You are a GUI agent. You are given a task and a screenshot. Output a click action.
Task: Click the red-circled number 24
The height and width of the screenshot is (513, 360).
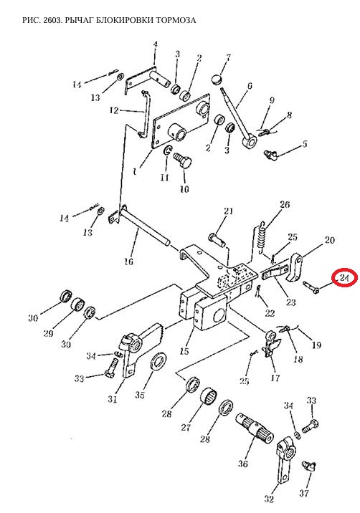[344, 279]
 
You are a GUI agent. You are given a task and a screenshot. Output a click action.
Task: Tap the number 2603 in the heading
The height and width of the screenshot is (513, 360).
[52, 20]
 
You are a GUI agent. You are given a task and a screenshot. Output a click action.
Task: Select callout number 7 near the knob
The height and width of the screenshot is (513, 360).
[228, 58]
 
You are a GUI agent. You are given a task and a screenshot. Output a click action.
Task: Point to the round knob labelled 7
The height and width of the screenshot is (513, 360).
[216, 80]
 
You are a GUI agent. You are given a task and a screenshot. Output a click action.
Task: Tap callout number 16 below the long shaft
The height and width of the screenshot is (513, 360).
[129, 262]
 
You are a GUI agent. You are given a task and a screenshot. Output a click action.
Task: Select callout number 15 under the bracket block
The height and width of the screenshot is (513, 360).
[184, 351]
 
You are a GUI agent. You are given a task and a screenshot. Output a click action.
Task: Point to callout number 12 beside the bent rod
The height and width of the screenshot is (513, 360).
[114, 110]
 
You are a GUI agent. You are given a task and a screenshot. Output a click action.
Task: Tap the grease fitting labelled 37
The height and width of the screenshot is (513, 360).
[308, 466]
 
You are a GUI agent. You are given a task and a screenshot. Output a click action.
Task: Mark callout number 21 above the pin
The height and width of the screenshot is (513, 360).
[228, 211]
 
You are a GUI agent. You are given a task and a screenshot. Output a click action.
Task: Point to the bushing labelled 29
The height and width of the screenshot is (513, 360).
[77, 305]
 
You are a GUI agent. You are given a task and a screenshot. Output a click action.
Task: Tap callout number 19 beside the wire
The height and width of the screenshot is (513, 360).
[316, 345]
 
